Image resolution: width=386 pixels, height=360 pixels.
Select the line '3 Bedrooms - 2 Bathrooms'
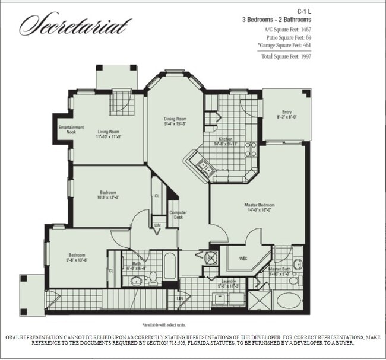click(276, 20)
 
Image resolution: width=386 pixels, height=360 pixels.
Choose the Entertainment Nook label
click(71, 129)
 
